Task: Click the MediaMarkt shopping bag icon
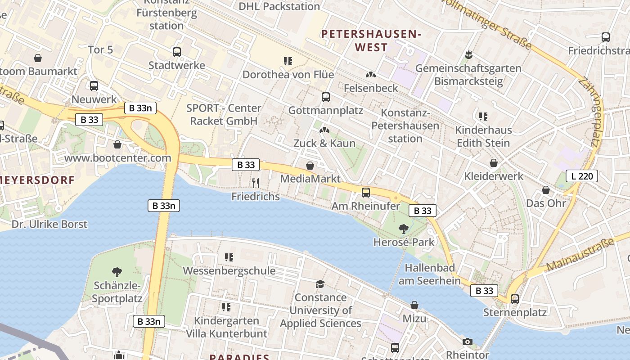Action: click(310, 166)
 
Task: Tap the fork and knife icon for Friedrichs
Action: click(256, 183)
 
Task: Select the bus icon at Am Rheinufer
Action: click(366, 193)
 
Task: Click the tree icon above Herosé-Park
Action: click(404, 229)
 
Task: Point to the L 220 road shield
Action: click(582, 176)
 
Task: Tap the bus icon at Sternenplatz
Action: click(514, 299)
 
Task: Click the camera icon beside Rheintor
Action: click(468, 342)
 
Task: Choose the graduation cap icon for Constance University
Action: click(320, 284)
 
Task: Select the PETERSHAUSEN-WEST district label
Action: click(371, 40)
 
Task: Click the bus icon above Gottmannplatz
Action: click(325, 97)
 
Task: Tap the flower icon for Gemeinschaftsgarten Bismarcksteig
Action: click(468, 55)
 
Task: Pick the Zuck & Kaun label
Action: click(324, 143)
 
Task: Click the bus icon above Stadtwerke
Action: click(177, 52)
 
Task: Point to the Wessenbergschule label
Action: click(229, 270)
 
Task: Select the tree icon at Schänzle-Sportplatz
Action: click(117, 272)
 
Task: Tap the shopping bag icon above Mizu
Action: click(414, 306)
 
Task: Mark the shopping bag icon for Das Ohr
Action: click(546, 190)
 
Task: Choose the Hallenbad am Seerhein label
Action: click(432, 274)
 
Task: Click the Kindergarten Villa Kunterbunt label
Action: click(226, 327)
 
